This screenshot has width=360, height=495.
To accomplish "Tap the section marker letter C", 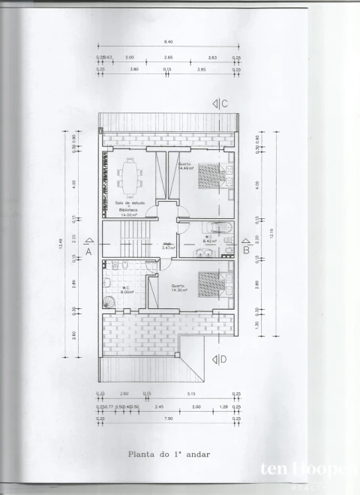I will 224,103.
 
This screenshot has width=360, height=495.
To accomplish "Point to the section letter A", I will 88,252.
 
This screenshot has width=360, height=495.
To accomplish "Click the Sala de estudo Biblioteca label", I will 130,208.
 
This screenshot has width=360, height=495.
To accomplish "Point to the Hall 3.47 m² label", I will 169,245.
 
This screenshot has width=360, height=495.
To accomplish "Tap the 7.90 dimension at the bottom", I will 169,418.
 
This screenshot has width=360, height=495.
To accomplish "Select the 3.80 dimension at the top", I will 134,69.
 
